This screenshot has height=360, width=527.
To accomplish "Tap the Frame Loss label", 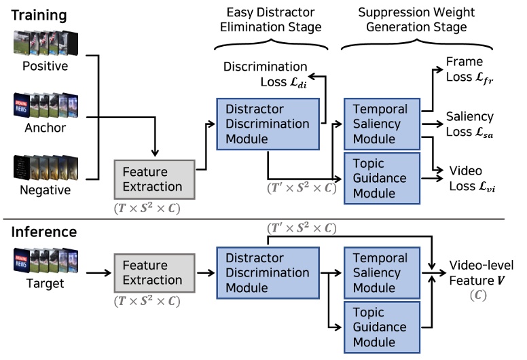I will pyautogui.click(x=469, y=70).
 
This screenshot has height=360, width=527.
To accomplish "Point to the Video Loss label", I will pyautogui.click(x=469, y=179).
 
